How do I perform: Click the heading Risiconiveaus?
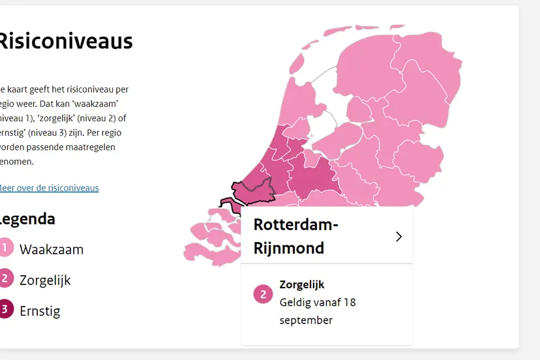tap(65, 42)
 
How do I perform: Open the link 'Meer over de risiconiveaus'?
tap(50, 188)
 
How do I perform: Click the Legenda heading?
tap(27, 219)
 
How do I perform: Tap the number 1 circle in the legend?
tap(5, 248)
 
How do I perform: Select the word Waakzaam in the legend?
tap(52, 250)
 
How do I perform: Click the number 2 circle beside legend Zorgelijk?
tap(5, 278)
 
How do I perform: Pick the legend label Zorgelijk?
tap(45, 280)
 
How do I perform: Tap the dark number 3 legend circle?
tap(5, 309)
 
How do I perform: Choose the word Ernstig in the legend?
tap(40, 311)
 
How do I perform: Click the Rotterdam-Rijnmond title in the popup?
tap(296, 236)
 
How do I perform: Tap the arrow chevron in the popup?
tap(398, 237)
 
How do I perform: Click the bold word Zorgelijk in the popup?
tap(302, 284)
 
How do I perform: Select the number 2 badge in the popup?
tap(263, 294)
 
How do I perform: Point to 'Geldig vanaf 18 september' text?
tap(318, 311)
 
